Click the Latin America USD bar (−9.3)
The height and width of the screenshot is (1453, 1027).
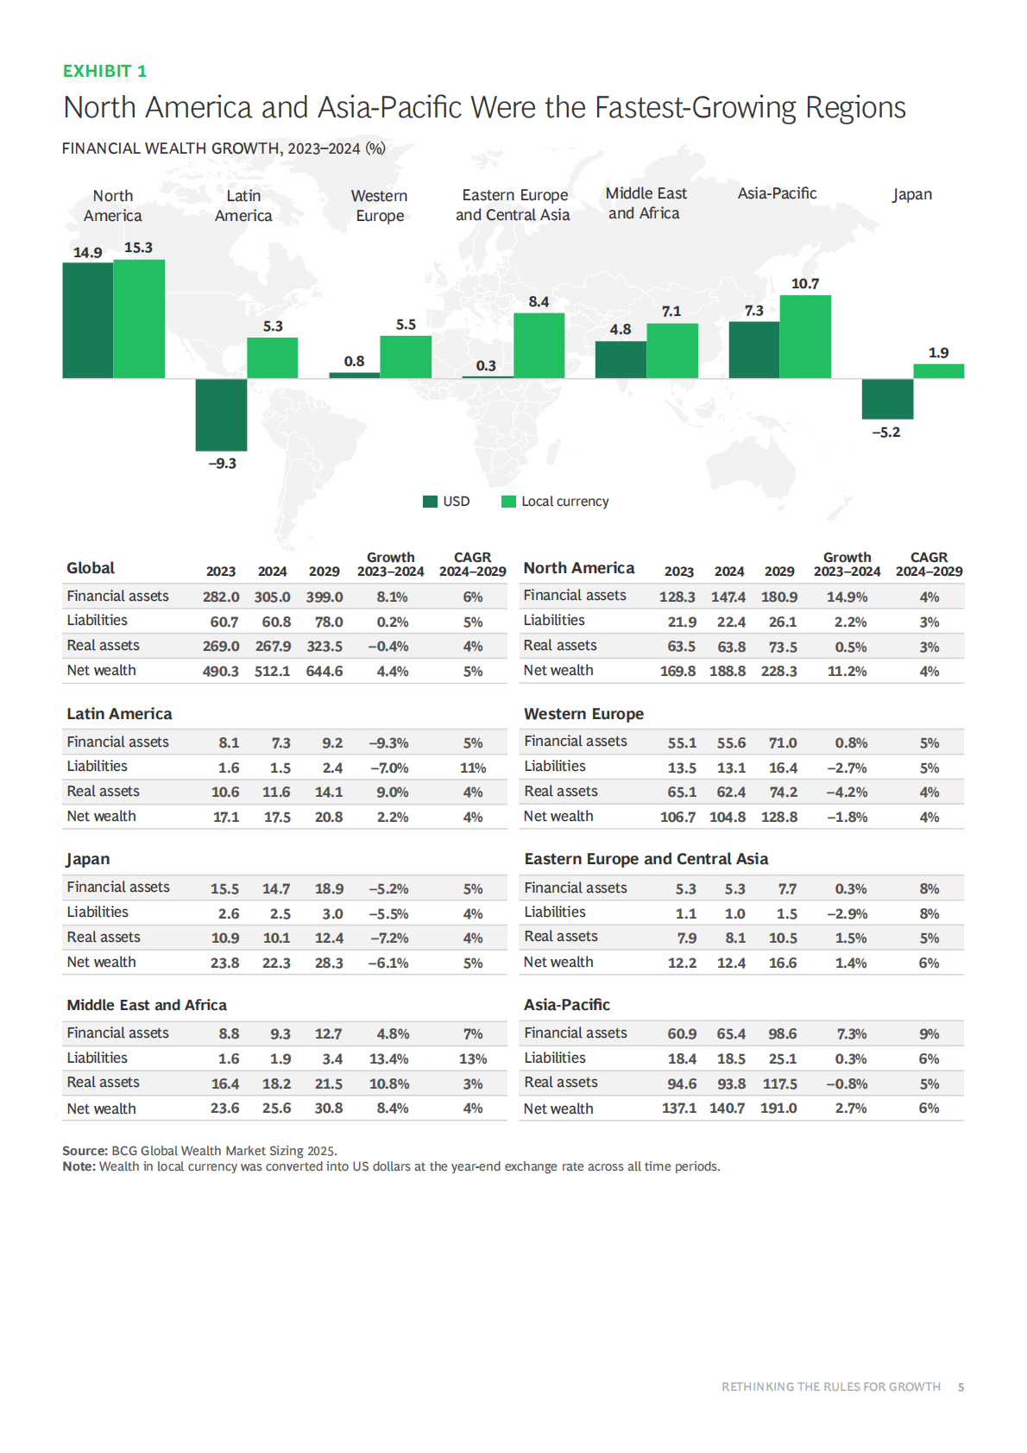click(x=221, y=414)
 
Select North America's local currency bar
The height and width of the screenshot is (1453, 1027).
click(x=139, y=319)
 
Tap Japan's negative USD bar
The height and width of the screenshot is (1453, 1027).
click(x=887, y=399)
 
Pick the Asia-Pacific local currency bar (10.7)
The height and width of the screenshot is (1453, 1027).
click(x=805, y=337)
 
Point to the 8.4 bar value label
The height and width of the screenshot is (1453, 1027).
click(x=539, y=301)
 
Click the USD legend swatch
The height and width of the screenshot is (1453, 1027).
click(x=430, y=502)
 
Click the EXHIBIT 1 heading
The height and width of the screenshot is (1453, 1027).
click(x=104, y=71)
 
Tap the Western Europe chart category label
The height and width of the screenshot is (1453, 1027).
click(x=380, y=205)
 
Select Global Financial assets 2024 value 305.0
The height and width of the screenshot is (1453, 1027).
click(x=272, y=597)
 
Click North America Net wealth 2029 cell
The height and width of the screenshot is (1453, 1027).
click(x=778, y=671)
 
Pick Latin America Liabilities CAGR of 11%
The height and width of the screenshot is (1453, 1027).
click(x=473, y=768)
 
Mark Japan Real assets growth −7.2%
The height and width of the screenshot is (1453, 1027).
click(x=389, y=938)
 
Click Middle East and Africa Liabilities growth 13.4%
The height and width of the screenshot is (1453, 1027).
click(x=389, y=1058)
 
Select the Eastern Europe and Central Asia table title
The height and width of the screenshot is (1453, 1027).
click(x=646, y=859)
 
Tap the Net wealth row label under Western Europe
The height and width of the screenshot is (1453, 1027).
click(x=558, y=816)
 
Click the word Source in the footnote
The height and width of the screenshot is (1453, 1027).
click(x=85, y=1151)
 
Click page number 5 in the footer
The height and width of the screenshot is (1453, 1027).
click(x=961, y=1387)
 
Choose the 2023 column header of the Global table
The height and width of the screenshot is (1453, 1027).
click(x=221, y=572)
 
